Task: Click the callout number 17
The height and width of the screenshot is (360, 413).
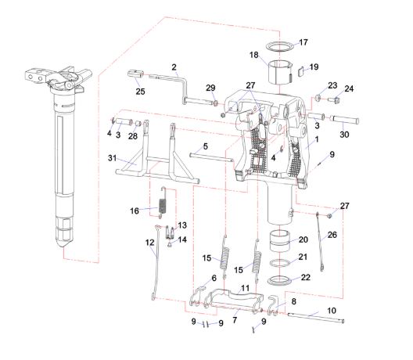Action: point(303,42)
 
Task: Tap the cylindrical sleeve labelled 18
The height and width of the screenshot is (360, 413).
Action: point(280,73)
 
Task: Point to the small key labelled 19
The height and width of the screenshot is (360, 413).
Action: point(301,72)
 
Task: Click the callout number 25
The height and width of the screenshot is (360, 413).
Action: point(140,92)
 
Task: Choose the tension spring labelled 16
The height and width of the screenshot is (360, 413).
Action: point(162,203)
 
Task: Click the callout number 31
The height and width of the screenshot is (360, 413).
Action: point(112,158)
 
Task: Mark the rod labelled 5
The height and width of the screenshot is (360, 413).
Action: point(211,157)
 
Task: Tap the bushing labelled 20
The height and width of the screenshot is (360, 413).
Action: point(279,240)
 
